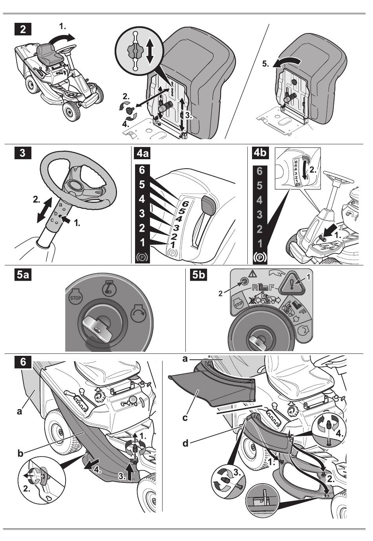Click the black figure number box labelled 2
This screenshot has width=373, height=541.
tap(23, 29)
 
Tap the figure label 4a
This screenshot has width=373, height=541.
tap(143, 153)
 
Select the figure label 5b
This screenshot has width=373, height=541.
tap(198, 275)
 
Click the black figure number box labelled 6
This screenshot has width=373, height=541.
tap(23, 362)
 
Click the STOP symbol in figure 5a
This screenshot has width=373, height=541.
tap(75, 298)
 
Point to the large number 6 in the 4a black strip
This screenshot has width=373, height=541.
tap(142, 170)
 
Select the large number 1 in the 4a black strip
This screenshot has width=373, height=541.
tap(143, 243)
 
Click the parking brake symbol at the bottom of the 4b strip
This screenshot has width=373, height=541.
tap(260, 258)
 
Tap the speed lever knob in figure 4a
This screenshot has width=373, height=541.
tap(208, 204)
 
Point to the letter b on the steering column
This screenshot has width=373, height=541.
tap(56, 213)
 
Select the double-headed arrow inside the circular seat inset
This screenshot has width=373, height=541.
tap(150, 52)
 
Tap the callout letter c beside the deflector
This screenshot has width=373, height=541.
tap(185, 418)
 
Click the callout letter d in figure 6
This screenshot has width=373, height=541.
tap(185, 443)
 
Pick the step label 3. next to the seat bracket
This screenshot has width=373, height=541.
tap(189, 116)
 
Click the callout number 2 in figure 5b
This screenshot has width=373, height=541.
tap(220, 294)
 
